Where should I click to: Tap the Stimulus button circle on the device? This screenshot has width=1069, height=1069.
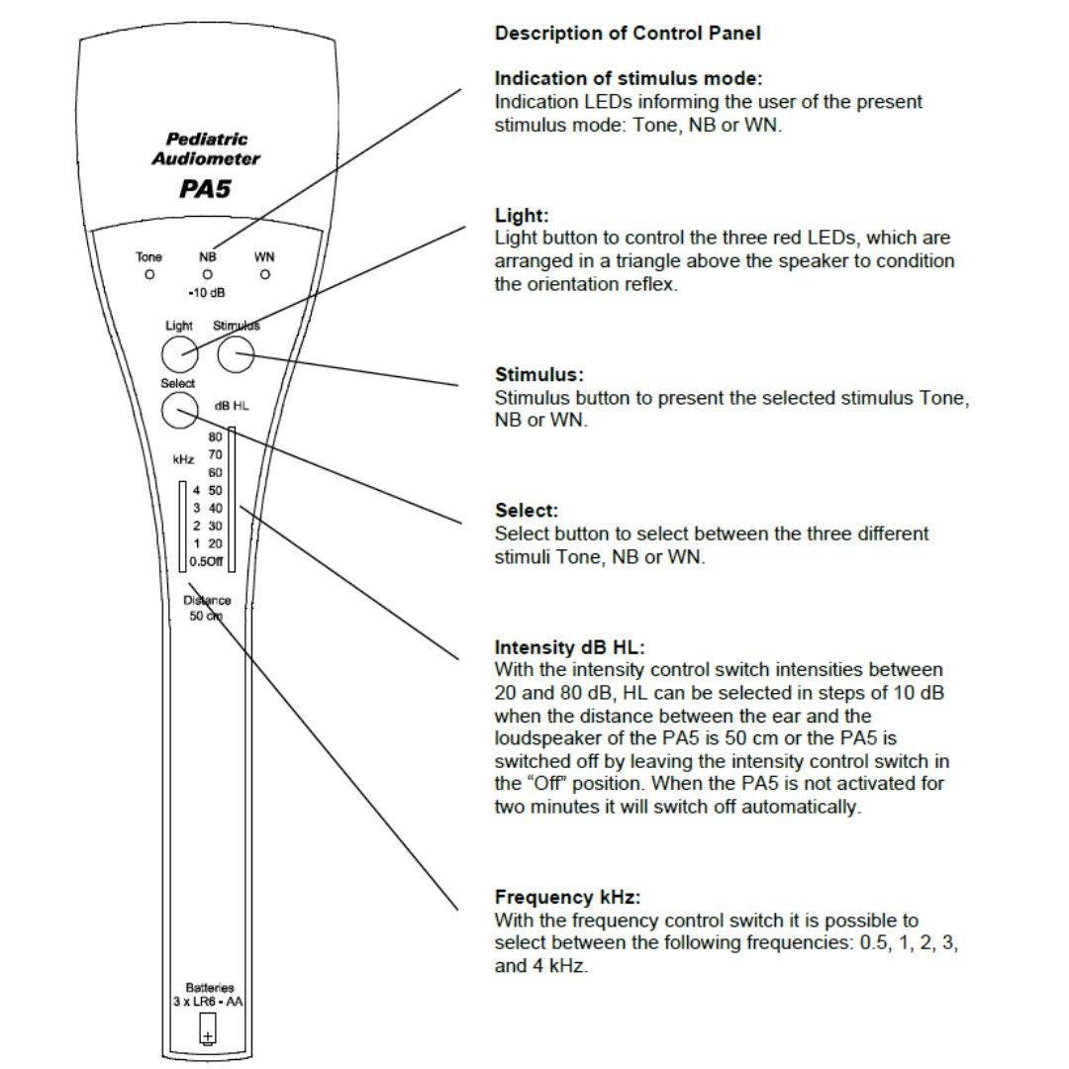236,354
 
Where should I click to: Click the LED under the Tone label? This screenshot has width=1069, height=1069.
149,274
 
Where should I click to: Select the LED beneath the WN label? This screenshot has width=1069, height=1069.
265,274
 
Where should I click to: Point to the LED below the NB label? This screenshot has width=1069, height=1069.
208,274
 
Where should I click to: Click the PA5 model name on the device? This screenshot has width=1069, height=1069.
205,188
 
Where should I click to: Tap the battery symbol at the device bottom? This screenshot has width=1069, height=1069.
208,1035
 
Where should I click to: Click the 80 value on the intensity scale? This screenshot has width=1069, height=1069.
215,437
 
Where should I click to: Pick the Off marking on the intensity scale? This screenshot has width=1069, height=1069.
215,561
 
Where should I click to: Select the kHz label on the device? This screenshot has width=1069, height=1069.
183,459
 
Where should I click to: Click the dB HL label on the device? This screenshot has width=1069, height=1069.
231,406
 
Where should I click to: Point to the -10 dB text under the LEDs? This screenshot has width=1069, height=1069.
207,294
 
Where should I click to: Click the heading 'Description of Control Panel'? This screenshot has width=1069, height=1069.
628,34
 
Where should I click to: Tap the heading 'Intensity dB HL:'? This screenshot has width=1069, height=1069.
569,647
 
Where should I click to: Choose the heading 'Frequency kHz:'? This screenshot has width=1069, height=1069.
567,898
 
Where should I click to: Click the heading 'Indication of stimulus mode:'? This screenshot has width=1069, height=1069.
629,78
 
